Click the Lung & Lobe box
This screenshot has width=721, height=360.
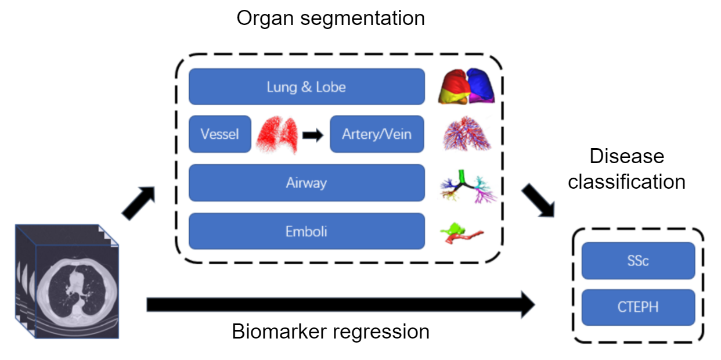[307, 87]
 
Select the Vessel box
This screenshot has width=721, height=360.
[220, 134]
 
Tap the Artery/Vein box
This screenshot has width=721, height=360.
[377, 134]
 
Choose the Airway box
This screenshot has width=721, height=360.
[307, 183]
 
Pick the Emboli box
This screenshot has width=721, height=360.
[307, 231]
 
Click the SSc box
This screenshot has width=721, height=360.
[638, 261]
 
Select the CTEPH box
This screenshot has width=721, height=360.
[638, 307]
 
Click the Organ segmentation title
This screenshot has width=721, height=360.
[330, 18]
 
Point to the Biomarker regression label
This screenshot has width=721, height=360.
[330, 332]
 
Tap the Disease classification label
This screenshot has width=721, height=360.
[626, 169]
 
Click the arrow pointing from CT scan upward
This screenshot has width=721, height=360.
[138, 204]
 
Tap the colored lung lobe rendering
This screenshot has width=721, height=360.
[467, 86]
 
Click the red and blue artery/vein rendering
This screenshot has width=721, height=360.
[467, 134]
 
